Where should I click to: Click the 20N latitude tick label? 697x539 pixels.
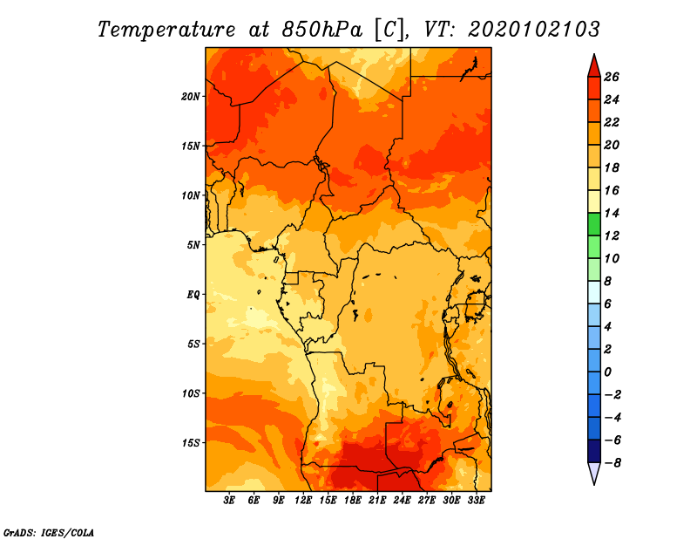point(190,97)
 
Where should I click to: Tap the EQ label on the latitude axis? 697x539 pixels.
point(193,295)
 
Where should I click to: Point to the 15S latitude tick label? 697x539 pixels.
point(191,443)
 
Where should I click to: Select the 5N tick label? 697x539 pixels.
point(193,245)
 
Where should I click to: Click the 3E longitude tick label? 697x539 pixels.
point(229,501)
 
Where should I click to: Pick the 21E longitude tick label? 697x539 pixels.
point(377,501)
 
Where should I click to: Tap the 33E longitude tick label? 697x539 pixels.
point(476,501)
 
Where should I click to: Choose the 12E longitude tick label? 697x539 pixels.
point(303,501)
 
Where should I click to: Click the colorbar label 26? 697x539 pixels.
point(612,77)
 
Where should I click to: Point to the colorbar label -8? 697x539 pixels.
point(612,463)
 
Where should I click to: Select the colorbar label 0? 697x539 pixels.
point(607,372)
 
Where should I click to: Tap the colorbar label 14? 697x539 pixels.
point(612,213)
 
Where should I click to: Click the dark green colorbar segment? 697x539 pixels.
point(594,224)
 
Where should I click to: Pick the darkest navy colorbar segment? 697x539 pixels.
point(594,451)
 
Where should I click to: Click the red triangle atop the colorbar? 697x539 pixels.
point(594,66)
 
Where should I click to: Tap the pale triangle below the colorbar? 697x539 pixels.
point(594,474)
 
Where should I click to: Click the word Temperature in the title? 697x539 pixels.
point(166,30)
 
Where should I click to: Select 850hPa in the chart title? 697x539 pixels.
point(321,30)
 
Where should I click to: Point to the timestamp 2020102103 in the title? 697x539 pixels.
point(534,30)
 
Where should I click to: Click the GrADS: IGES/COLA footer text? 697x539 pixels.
point(49,533)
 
